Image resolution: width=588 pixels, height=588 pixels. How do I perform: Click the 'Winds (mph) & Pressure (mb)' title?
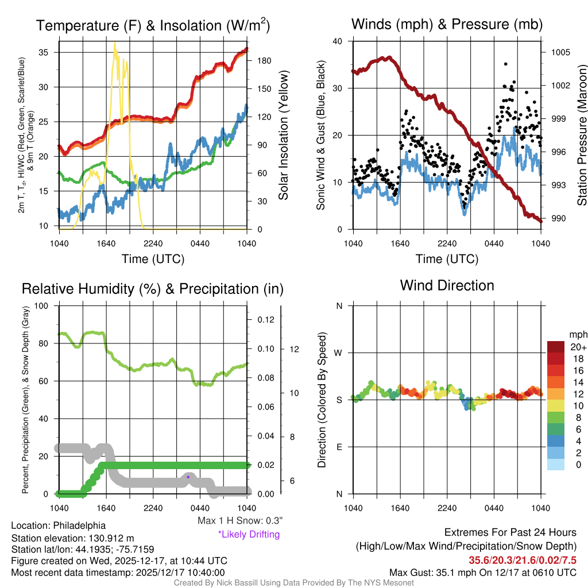[x=447, y=24]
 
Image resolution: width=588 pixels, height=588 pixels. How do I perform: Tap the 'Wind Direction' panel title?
[x=447, y=285]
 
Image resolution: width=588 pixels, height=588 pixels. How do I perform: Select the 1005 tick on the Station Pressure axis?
[x=559, y=52]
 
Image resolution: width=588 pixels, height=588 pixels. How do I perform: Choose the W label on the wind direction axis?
[x=339, y=353]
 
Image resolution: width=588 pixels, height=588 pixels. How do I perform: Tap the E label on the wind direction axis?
[x=339, y=447]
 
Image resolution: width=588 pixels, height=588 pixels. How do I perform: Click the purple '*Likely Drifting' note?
[x=249, y=534]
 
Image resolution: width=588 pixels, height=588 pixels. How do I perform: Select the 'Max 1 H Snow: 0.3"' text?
[x=240, y=521]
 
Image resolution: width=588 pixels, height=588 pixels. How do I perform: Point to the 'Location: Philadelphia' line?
[x=58, y=525]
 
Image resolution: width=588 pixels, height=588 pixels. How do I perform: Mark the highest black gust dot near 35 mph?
[x=505, y=64]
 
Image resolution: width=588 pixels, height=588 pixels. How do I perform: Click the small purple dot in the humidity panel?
[x=188, y=477]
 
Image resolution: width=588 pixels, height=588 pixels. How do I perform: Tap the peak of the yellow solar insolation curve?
[x=115, y=44]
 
